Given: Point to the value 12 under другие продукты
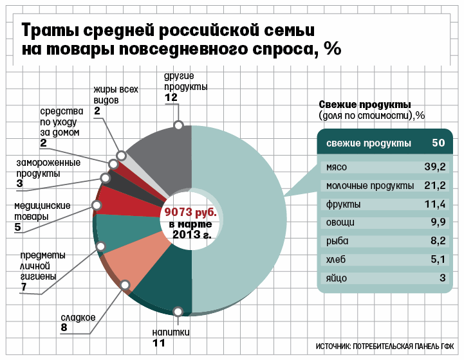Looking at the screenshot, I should coord(171,98).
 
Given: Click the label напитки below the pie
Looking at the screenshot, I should coord(171,332).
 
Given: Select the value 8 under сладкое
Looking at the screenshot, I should coord(64,328).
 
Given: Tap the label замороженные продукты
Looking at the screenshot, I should coord(48,168).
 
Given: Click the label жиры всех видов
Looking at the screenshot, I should coord(115,95).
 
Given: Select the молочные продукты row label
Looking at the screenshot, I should coord(370,186).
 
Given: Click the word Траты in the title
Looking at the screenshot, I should coord(55,30).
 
